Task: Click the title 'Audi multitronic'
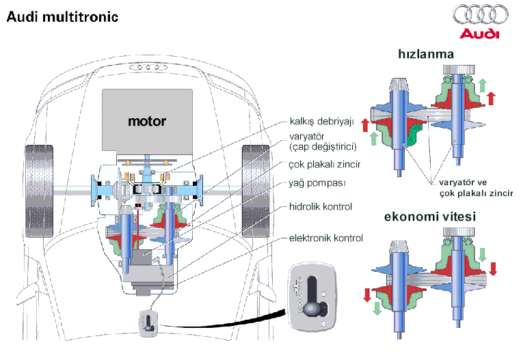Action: (62, 16)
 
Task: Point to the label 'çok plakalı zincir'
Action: (325, 165)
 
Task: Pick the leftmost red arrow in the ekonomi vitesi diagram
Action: (366, 294)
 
